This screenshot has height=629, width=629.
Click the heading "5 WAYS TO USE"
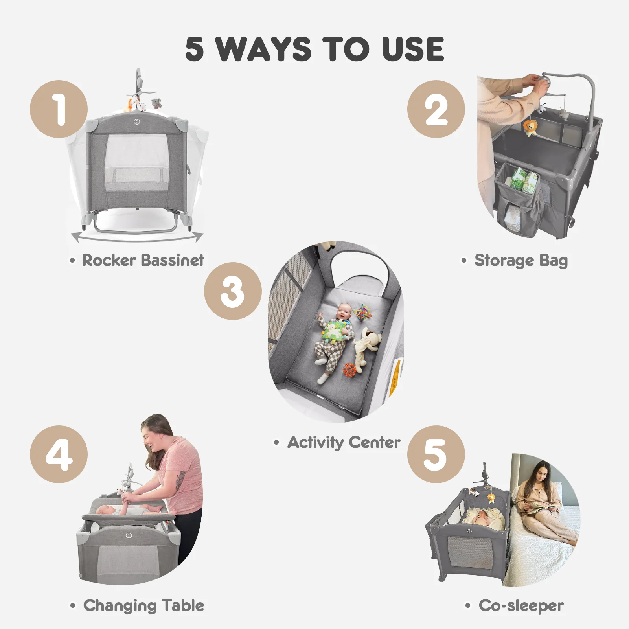point(314,49)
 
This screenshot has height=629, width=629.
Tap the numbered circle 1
point(59,109)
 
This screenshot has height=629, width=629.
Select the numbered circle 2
point(436,109)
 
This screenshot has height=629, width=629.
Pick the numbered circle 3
point(233,291)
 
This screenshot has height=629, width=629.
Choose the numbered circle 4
point(59,454)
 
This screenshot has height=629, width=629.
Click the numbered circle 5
point(436,454)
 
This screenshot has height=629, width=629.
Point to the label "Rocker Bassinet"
point(143,260)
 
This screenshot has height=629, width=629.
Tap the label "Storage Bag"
point(521,261)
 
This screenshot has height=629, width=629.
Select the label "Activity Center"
point(344,443)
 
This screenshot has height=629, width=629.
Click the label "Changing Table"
point(143,606)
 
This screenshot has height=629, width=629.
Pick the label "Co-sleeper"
point(521,606)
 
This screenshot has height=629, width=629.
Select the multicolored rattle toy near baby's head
point(362,312)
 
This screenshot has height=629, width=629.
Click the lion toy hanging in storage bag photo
point(530,128)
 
